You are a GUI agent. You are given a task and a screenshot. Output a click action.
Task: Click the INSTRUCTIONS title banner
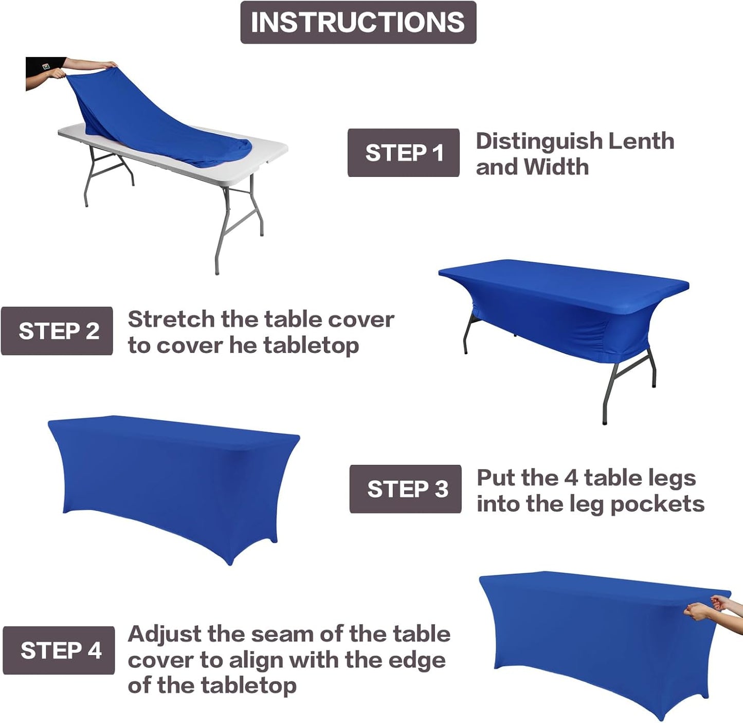[x=358, y=23]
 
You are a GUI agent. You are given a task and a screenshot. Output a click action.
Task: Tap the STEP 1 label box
[x=403, y=153]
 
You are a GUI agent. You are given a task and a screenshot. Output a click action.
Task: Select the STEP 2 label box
[x=57, y=331]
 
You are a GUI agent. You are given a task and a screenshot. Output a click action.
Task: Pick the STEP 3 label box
[x=405, y=489]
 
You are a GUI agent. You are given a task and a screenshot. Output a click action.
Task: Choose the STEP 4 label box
[x=59, y=650]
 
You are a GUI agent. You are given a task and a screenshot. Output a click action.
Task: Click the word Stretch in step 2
[x=172, y=319]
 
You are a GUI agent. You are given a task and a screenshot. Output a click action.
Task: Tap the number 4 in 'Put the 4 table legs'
[x=571, y=478]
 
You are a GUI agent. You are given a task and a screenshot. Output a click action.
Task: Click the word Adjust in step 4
[x=165, y=635]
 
